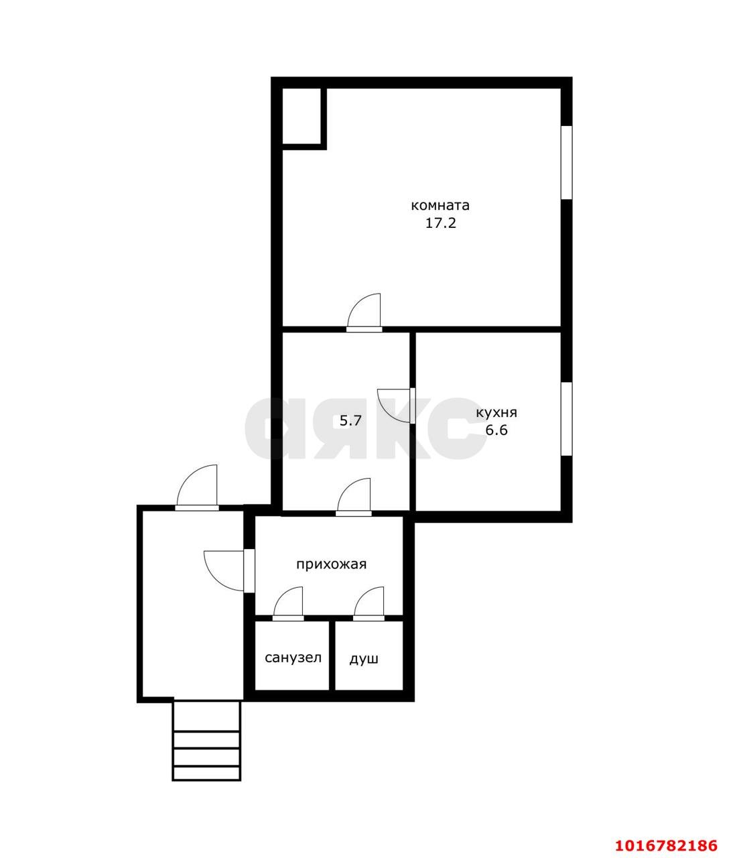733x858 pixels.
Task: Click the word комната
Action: click(440, 206)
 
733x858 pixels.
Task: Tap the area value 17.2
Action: click(441, 223)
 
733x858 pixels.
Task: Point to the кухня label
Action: click(496, 413)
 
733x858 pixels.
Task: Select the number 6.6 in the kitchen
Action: click(496, 430)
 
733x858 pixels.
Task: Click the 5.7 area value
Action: click(350, 421)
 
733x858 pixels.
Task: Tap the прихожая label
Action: click(332, 564)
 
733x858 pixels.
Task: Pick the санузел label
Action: click(293, 658)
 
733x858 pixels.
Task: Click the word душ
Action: click(364, 659)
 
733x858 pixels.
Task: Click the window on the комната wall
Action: click(566, 162)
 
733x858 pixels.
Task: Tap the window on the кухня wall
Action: click(566, 419)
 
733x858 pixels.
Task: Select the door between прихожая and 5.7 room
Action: click(353, 497)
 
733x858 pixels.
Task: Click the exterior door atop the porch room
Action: click(196, 488)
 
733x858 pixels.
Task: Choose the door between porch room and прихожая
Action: click(228, 570)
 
